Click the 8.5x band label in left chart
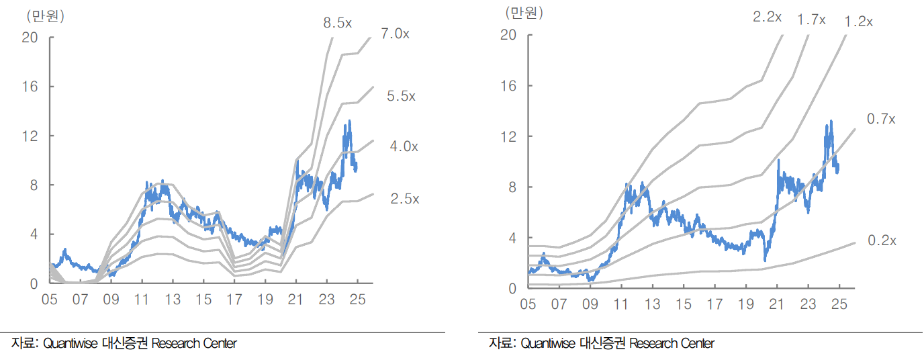pos(337,23)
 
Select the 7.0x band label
pos(395,34)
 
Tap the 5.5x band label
pos(402,96)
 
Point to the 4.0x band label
pos(404,146)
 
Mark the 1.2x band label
pos(858,21)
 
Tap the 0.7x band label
pos(881,119)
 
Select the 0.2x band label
pos(881,240)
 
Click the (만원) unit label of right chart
pos(524,12)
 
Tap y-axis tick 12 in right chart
pos(508,136)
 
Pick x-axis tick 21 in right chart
pos(776,305)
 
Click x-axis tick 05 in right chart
pos(528,305)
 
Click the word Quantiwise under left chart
pos(71,343)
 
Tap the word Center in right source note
pos(697,343)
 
